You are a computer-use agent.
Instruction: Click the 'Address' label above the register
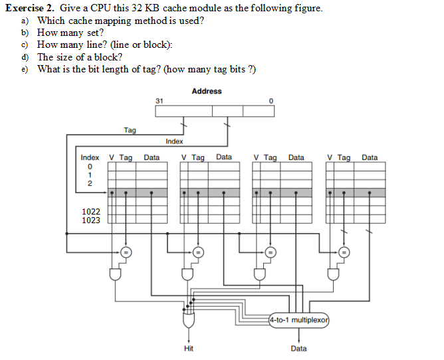click(206, 91)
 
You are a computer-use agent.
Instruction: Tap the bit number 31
click(159, 100)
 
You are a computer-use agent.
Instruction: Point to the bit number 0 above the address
click(271, 100)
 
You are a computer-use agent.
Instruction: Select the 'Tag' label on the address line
click(130, 130)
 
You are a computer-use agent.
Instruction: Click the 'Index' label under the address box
click(174, 141)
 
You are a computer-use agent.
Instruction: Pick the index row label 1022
click(91, 211)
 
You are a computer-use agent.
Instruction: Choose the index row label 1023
click(91, 221)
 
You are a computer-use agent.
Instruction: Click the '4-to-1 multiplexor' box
click(299, 320)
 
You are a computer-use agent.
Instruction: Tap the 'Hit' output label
click(189, 348)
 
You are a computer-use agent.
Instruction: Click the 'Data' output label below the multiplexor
click(299, 348)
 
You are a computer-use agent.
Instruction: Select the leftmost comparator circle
click(124, 252)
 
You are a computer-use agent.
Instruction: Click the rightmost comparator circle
click(343, 252)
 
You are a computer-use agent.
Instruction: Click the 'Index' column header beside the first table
click(90, 158)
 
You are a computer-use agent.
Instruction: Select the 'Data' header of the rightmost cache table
click(370, 158)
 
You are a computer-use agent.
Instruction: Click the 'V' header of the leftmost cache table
click(112, 158)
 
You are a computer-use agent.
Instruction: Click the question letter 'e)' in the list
click(25, 69)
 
